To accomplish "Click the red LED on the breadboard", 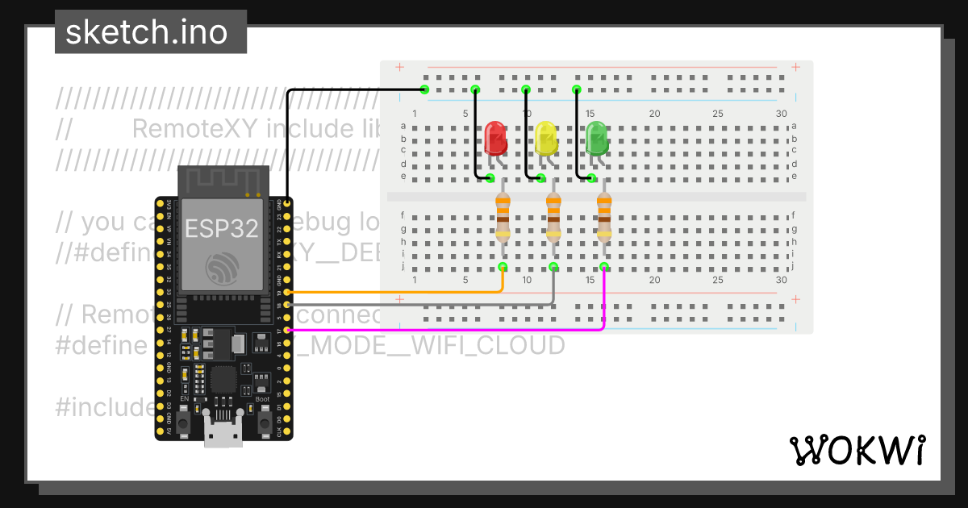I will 495,139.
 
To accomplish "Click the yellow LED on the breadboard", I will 546,139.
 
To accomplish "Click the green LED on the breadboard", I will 597,139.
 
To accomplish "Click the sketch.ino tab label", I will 145,32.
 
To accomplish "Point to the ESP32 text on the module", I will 222,228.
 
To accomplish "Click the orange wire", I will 403,291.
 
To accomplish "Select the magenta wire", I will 444,330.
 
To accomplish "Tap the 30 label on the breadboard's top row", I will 781,114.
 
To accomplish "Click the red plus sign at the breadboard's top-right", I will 796,67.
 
